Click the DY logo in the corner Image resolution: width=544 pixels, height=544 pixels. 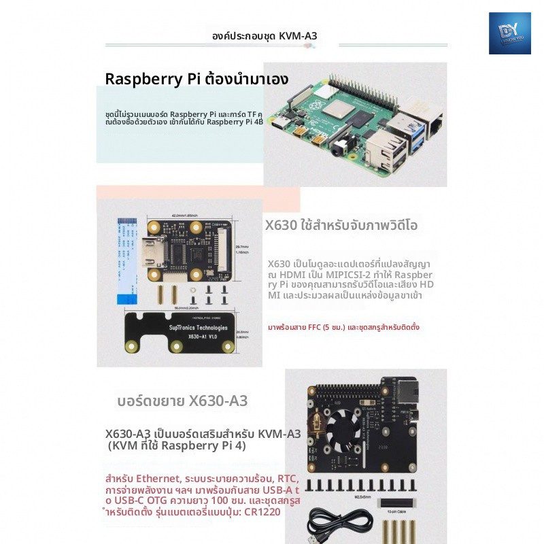[x=509, y=33]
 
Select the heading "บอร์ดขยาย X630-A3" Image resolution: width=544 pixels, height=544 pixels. [x=183, y=401]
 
